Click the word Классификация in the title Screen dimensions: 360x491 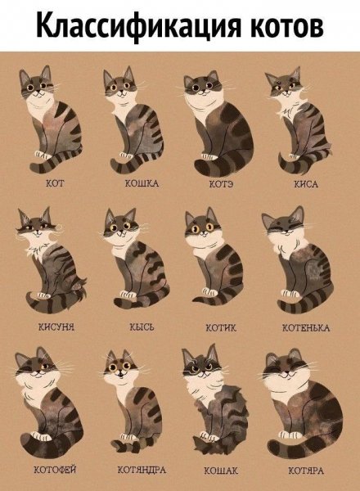(139, 25)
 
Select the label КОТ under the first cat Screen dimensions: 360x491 (55, 182)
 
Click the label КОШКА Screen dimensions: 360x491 (142, 182)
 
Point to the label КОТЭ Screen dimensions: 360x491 (221, 184)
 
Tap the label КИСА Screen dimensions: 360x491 (306, 184)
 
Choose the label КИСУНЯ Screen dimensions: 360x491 (56, 327)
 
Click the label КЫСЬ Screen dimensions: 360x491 (142, 327)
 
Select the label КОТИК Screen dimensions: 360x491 (221, 328)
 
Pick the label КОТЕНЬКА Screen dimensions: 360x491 (306, 328)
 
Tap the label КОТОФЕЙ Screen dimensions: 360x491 (55, 470)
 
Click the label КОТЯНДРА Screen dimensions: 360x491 (142, 470)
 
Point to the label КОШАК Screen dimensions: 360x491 (221, 471)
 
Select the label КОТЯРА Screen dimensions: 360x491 (306, 471)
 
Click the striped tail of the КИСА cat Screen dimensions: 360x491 (300, 162)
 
